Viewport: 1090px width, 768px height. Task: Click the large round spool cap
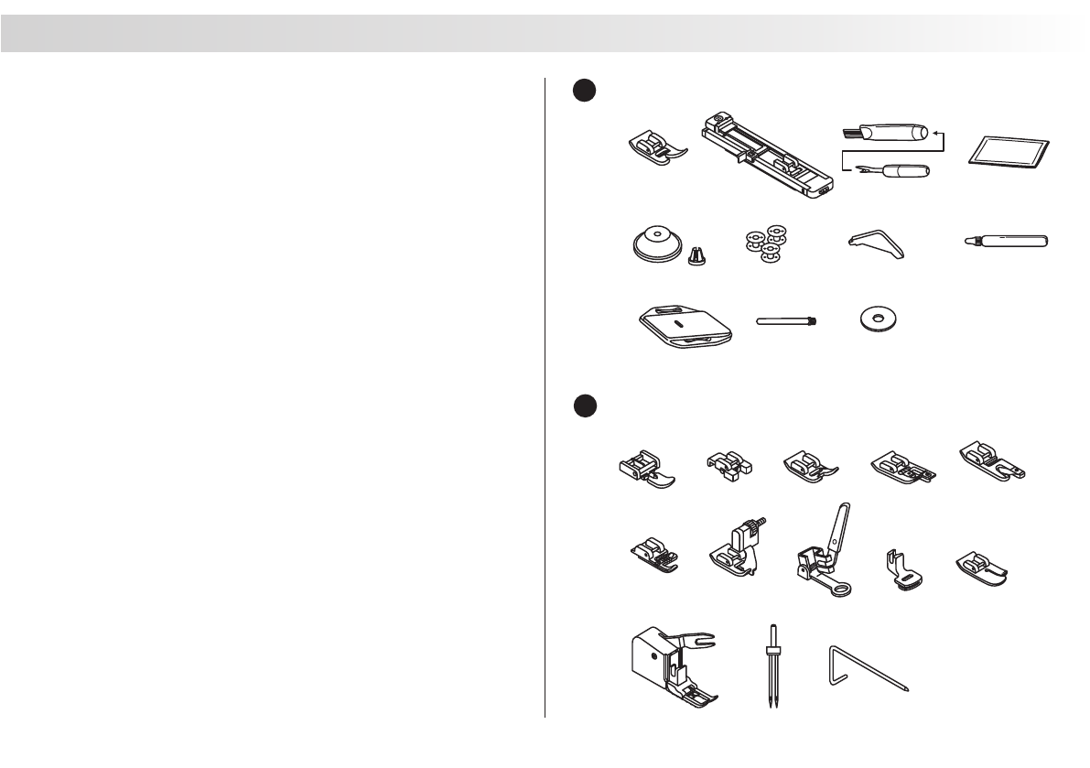click(x=656, y=245)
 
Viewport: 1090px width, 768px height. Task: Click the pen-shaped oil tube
click(x=1007, y=242)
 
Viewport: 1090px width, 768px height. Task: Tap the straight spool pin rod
click(x=786, y=321)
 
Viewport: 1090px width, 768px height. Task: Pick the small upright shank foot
click(x=898, y=569)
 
